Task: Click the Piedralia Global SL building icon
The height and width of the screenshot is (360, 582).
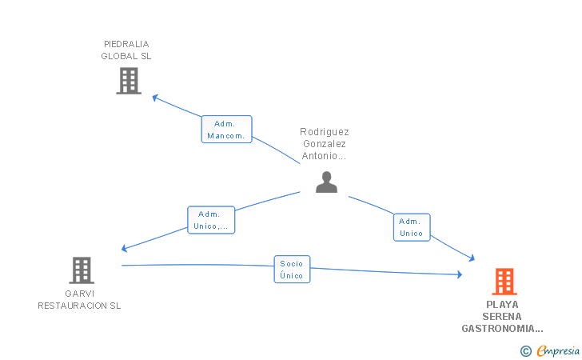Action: (x=128, y=81)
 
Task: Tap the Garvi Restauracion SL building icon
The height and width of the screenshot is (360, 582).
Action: (x=81, y=270)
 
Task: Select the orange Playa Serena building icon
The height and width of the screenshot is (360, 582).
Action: (x=504, y=282)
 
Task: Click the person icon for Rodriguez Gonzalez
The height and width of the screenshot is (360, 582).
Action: (x=326, y=182)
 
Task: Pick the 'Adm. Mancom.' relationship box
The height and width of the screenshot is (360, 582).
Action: (x=226, y=130)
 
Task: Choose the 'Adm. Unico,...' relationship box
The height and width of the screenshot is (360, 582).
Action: (x=211, y=220)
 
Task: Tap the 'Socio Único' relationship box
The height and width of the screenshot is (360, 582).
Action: (x=292, y=269)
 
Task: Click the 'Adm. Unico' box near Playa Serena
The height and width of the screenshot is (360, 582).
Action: (x=412, y=227)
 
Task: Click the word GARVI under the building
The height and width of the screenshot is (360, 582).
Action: (x=80, y=293)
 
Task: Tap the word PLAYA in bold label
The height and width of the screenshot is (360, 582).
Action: (x=502, y=305)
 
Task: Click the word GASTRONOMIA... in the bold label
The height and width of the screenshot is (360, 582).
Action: (x=502, y=329)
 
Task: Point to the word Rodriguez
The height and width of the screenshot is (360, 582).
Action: (x=325, y=132)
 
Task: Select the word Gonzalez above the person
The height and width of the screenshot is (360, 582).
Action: (x=325, y=144)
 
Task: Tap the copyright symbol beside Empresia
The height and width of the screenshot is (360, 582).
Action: (x=525, y=350)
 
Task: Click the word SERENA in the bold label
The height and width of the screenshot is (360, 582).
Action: (x=502, y=317)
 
